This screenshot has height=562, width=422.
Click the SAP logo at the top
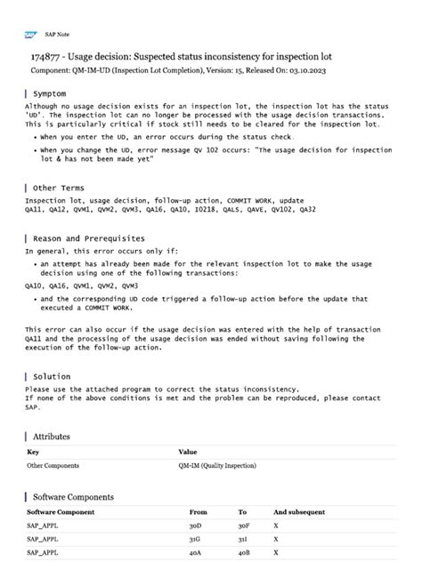(x=30, y=34)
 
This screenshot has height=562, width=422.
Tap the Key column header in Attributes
(x=33, y=452)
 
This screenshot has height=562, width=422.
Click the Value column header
(x=188, y=452)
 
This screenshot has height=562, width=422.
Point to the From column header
(x=198, y=512)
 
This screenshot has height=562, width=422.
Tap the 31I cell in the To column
(x=242, y=539)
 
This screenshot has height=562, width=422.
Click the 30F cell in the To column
(x=243, y=526)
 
